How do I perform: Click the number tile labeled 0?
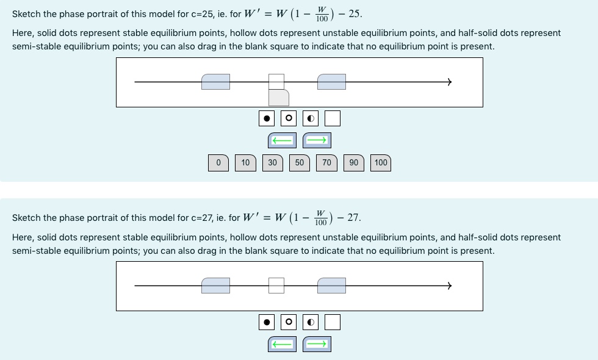pyautogui.click(x=218, y=163)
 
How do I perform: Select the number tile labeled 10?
pyautogui.click(x=245, y=163)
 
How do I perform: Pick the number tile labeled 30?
pyautogui.click(x=272, y=163)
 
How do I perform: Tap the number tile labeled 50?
pyautogui.click(x=300, y=163)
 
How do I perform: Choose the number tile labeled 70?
pyautogui.click(x=326, y=163)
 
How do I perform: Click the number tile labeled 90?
pyautogui.click(x=354, y=163)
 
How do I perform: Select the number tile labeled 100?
pyautogui.click(x=381, y=163)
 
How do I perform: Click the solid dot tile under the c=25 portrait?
pyautogui.click(x=267, y=118)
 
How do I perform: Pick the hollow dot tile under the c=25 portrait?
pyautogui.click(x=289, y=118)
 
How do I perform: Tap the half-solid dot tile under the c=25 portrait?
pyautogui.click(x=311, y=118)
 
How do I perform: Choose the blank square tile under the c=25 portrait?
pyautogui.click(x=333, y=118)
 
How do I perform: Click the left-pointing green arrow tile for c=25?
pyautogui.click(x=282, y=141)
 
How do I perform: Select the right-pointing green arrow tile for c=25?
pyautogui.click(x=317, y=141)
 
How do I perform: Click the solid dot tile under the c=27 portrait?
pyautogui.click(x=267, y=322)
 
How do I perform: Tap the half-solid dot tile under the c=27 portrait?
pyautogui.click(x=311, y=322)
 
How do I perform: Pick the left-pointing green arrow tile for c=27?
pyautogui.click(x=282, y=345)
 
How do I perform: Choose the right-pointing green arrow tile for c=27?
pyautogui.click(x=317, y=345)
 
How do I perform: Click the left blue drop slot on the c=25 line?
pyautogui.click(x=216, y=82)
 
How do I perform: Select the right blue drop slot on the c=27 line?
pyautogui.click(x=332, y=285)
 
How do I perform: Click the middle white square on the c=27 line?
pyautogui.click(x=276, y=285)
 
